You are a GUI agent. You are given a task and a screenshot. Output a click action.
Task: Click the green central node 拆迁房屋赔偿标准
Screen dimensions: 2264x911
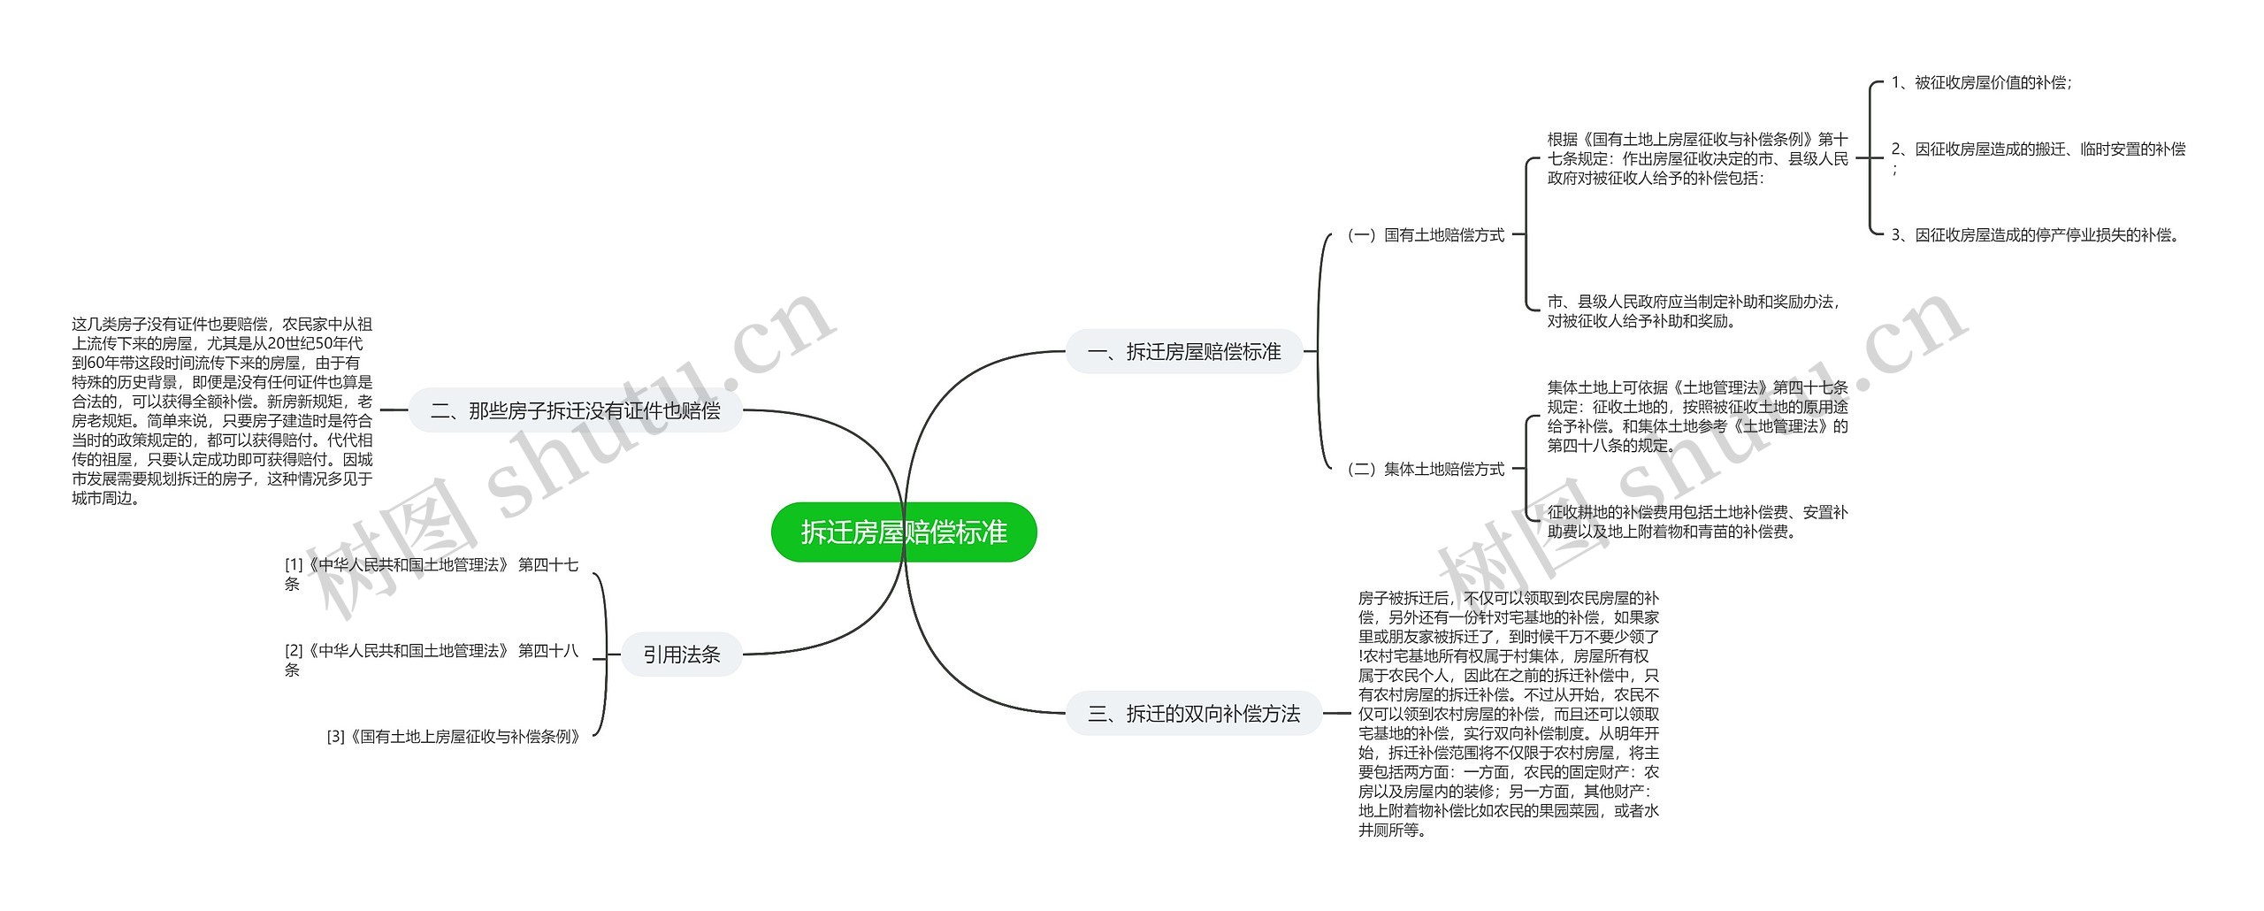point(903,532)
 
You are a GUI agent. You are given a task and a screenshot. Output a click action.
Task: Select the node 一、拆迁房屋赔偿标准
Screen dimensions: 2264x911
point(1184,352)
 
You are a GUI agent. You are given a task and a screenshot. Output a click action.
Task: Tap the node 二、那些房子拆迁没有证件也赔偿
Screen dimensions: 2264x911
point(575,410)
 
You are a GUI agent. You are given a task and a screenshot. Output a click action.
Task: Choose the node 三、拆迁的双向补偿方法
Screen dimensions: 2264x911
point(1193,714)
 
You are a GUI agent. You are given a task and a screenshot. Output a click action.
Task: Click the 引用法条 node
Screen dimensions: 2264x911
point(681,655)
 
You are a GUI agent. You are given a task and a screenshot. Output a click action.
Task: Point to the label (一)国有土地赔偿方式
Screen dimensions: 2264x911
point(1425,235)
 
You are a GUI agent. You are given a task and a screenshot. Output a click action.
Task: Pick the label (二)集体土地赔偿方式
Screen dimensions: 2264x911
point(1425,470)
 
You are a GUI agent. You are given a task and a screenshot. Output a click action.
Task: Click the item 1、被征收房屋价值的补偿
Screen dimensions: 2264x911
point(1981,82)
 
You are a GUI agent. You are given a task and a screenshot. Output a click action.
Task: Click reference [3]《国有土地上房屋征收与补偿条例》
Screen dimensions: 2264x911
point(455,737)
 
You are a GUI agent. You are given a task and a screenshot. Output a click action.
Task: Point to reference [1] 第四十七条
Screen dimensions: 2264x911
point(432,573)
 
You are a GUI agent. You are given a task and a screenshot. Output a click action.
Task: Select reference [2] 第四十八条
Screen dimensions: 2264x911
point(432,660)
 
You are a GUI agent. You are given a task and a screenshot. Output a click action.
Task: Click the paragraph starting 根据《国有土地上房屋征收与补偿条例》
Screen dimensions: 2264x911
point(1697,159)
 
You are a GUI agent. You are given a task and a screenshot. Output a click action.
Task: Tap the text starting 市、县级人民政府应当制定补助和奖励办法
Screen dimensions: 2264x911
point(1693,311)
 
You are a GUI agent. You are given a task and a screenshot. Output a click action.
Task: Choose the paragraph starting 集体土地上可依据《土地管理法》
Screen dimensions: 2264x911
point(1697,416)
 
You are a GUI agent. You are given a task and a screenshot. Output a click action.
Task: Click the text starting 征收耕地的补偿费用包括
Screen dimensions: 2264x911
point(1697,522)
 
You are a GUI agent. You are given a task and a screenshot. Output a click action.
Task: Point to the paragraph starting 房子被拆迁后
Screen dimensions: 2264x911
point(1508,714)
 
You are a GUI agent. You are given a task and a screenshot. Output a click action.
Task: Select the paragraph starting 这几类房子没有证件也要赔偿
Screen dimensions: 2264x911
point(222,410)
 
